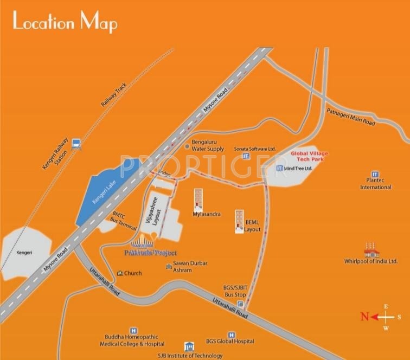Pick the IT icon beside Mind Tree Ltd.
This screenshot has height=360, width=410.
(280, 169)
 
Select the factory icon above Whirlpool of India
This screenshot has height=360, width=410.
(371, 250)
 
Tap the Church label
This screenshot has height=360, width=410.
(132, 273)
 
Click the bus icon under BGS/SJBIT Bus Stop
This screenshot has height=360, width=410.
(241, 304)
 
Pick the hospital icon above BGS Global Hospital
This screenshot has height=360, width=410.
(232, 335)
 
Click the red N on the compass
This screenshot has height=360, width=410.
(365, 317)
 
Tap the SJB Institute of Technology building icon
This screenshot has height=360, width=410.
(188, 346)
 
